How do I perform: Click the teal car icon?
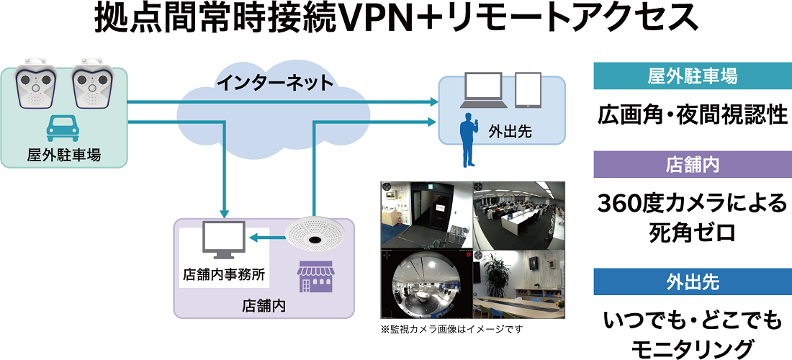click(62, 128)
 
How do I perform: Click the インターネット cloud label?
click(276, 82)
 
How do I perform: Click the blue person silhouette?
click(467, 143)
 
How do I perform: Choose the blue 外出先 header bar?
click(692, 282)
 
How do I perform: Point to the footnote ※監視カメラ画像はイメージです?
click(451, 329)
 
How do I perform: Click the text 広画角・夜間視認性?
click(692, 115)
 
